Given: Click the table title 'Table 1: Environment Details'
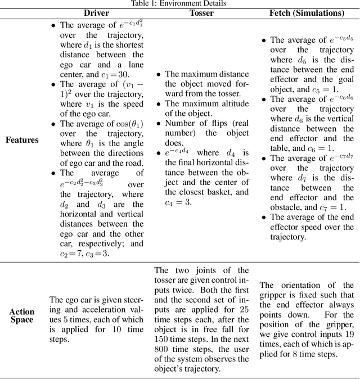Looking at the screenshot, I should click(x=179, y=3).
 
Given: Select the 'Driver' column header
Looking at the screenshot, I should click(x=96, y=13).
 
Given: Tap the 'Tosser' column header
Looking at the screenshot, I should click(x=201, y=13).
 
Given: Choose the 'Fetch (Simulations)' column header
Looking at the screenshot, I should click(x=307, y=13).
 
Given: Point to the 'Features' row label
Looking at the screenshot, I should click(x=22, y=139).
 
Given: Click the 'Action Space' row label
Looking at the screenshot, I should click(x=22, y=315).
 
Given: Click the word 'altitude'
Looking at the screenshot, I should click(x=231, y=103).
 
